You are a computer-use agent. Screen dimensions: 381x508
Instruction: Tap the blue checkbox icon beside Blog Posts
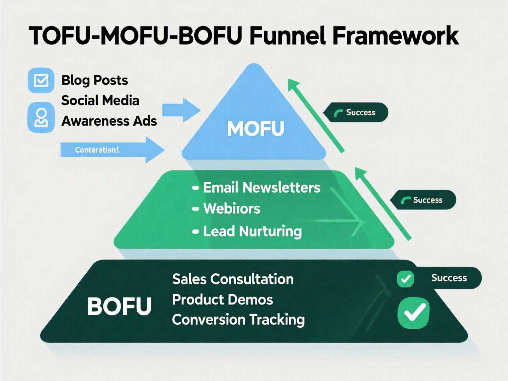pos(41,80)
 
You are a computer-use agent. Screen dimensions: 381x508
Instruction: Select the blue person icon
pos(41,117)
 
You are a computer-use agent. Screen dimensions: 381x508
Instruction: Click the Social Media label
pos(100,100)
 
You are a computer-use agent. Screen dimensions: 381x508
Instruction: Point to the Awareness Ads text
pos(109,121)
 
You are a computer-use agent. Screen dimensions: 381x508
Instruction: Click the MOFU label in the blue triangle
pos(255,128)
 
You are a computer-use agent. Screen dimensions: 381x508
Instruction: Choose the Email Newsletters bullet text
pos(262,187)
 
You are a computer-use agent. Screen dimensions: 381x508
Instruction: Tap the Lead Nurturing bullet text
pos(252,231)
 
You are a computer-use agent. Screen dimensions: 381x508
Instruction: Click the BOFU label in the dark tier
pos(119,306)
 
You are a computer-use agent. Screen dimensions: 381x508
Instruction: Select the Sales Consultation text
pos(233,279)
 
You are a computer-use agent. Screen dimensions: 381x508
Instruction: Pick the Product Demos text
pos(223,300)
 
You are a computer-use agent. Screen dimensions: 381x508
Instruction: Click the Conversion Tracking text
pos(238,320)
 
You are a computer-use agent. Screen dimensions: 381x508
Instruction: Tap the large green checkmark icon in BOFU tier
pos(413,313)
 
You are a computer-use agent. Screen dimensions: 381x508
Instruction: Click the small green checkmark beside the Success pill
pos(406,279)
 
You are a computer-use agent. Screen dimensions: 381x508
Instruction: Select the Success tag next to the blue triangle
pos(356,113)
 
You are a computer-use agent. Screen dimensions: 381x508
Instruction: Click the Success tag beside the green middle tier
pos(423,200)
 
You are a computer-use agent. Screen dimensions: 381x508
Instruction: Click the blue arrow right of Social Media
pos(181,110)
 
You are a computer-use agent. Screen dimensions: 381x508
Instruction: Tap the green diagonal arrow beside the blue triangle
pos(316,115)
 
